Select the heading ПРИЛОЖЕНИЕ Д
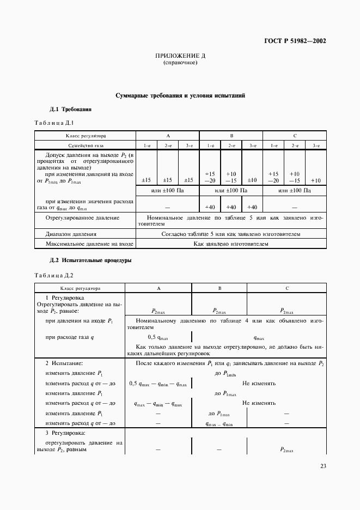(180, 56)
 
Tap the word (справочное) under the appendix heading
(180, 63)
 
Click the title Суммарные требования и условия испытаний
(180, 95)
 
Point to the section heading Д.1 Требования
(70, 109)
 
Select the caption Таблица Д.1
(53, 123)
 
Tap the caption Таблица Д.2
(53, 275)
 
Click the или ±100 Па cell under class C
(295, 191)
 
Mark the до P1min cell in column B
(219, 414)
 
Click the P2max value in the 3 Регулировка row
(286, 450)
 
